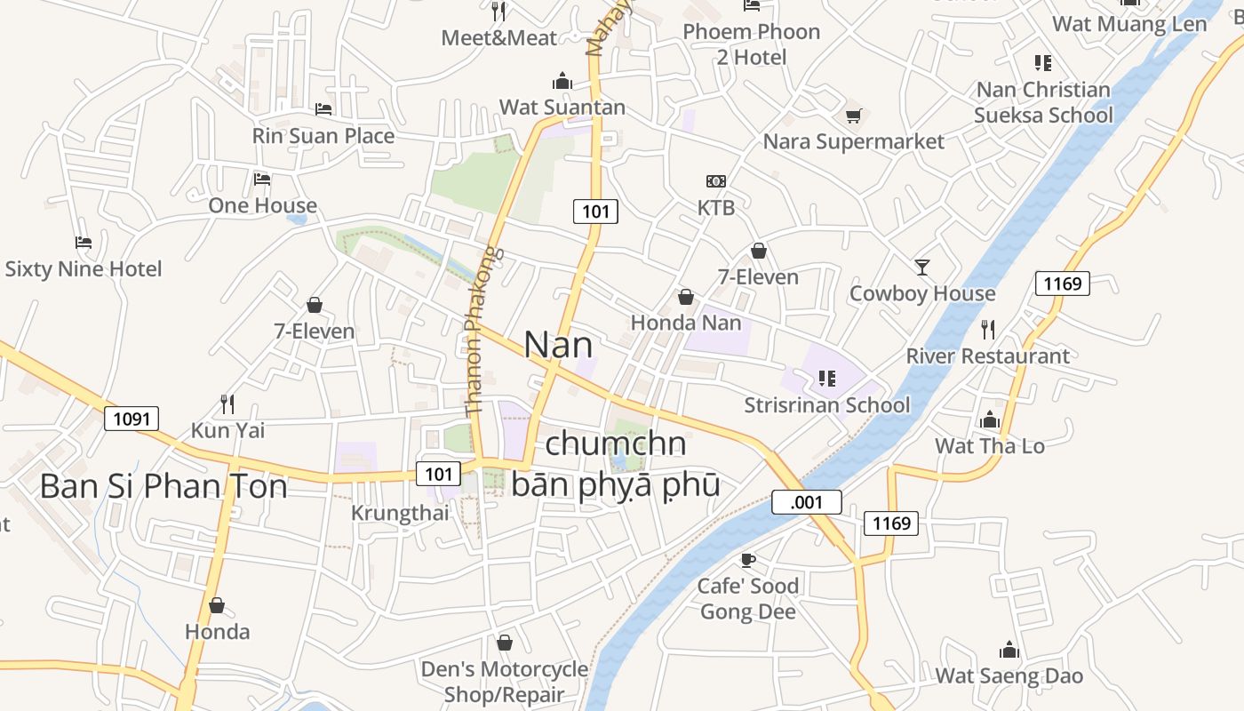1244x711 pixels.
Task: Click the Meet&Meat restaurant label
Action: point(499,38)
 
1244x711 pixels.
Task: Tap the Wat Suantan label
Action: point(562,108)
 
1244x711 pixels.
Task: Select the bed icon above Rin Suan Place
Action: point(323,109)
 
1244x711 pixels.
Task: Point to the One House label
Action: point(262,206)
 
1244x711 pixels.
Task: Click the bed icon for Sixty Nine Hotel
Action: point(84,242)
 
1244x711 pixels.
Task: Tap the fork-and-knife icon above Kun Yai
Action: point(227,404)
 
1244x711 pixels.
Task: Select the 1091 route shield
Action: point(132,418)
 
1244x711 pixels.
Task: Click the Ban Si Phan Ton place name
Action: point(164,487)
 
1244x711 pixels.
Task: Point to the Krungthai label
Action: point(400,513)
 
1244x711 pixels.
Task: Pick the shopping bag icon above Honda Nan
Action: point(686,296)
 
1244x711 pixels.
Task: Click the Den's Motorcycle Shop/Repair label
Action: point(505,682)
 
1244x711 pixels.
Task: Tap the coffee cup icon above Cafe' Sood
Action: point(747,560)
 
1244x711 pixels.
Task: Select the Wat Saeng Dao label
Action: point(1009,675)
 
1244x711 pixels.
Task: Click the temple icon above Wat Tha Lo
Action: point(990,419)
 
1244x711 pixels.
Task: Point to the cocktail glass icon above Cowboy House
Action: point(922,267)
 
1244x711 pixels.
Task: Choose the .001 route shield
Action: point(806,502)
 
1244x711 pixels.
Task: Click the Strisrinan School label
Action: point(827,405)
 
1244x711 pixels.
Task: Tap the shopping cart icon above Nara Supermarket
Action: point(854,116)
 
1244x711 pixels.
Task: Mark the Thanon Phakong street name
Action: point(481,332)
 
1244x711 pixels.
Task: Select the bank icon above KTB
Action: point(716,181)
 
